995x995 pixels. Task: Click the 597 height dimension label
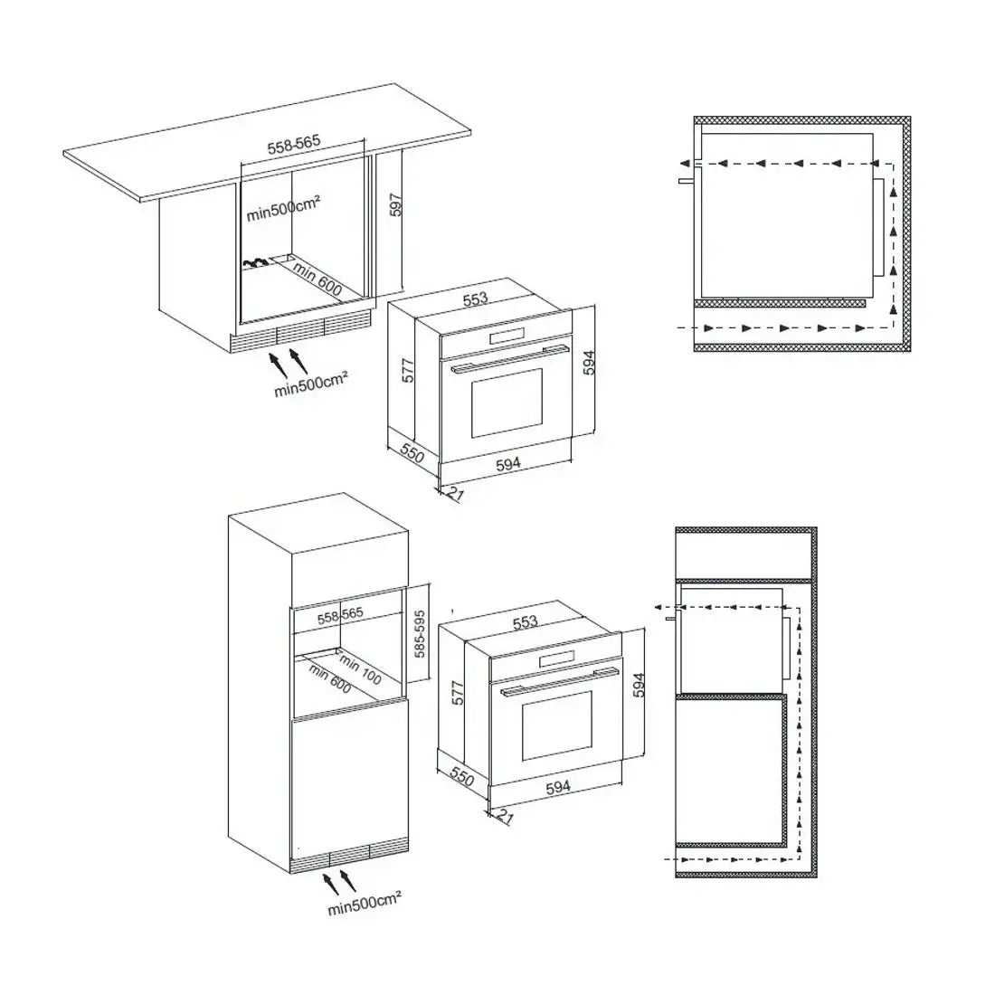point(396,205)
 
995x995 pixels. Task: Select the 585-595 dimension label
point(420,634)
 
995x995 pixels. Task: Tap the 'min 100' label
point(360,670)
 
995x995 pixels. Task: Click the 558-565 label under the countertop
point(294,145)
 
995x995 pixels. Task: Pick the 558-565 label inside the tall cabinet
point(340,615)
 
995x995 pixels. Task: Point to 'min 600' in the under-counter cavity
point(317,280)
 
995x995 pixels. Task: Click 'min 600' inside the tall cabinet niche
point(329,678)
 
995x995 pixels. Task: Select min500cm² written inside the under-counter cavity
point(283,208)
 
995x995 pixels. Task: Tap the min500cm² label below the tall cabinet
point(365,904)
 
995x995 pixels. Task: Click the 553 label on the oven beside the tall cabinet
point(525,622)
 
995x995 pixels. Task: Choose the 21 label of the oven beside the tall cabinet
point(505,817)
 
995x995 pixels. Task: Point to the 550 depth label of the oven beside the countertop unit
point(412,453)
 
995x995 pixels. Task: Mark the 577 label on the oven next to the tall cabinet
point(459,693)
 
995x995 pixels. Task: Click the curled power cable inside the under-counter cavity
point(255,262)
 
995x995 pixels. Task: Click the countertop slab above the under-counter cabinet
point(267,143)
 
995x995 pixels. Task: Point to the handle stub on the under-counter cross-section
point(687,181)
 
